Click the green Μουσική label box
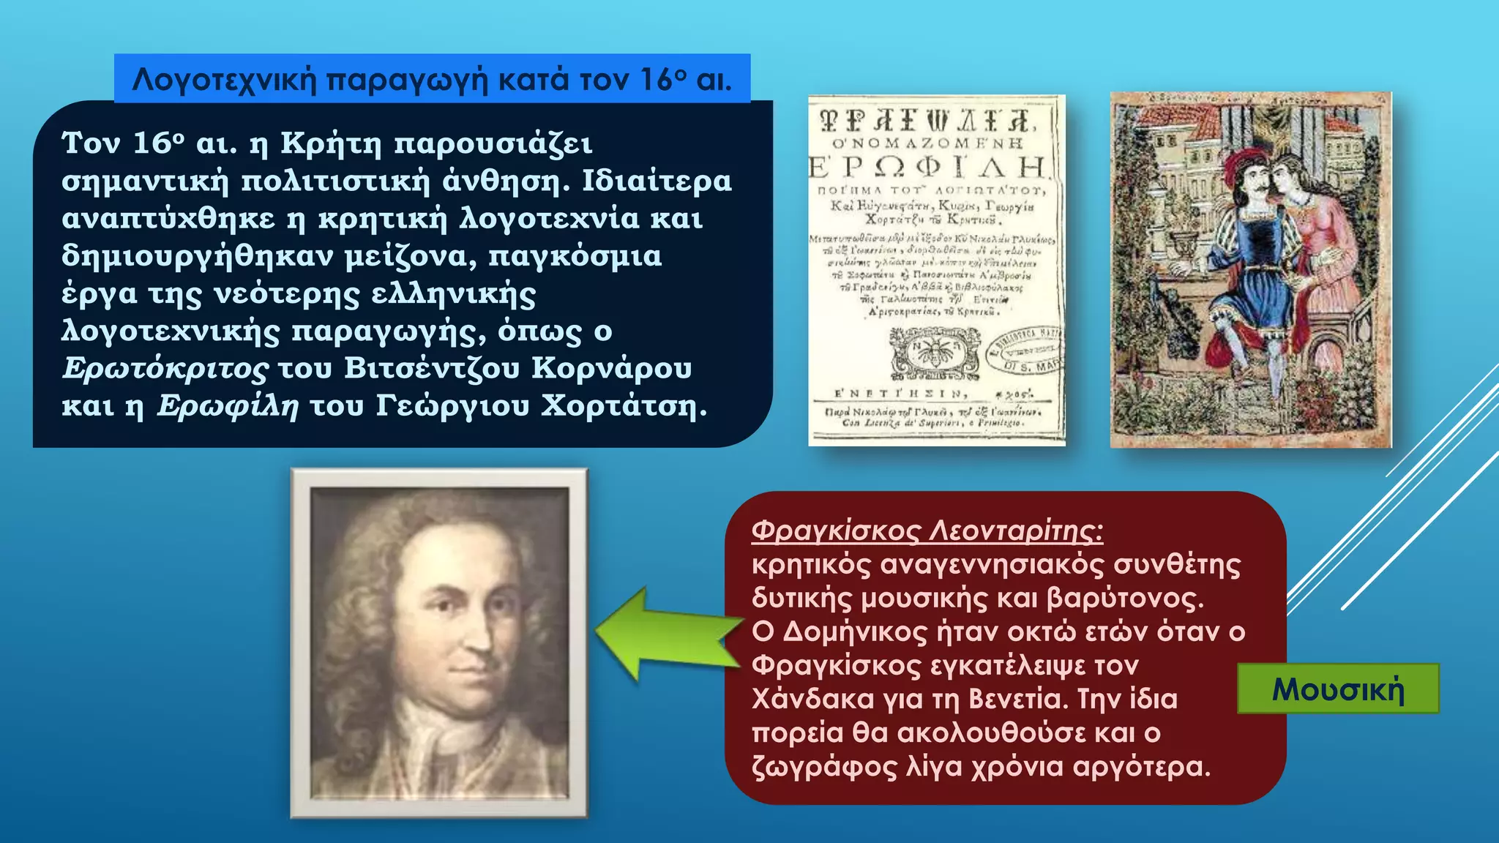click(x=1338, y=689)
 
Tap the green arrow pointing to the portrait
click(x=666, y=634)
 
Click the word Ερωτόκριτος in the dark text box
click(x=165, y=369)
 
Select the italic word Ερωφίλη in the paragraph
click(x=228, y=406)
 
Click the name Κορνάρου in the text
click(x=611, y=368)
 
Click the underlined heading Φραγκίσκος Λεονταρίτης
click(x=927, y=531)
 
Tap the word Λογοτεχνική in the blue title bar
click(x=224, y=79)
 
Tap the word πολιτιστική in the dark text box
click(x=335, y=181)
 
